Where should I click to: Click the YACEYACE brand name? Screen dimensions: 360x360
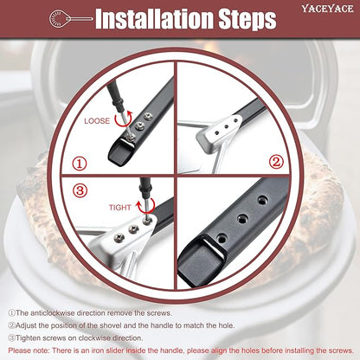[x=327, y=9]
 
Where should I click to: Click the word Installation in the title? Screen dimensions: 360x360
[x=154, y=19]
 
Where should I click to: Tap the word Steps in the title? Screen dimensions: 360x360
[x=247, y=19]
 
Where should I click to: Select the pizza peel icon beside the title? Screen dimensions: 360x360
[x=70, y=19]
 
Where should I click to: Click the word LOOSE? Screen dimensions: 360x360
[x=97, y=121]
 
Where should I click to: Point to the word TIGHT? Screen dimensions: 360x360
[x=120, y=208]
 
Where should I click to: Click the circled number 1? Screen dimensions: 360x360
[x=80, y=164]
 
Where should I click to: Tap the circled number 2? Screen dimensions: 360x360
[x=276, y=162]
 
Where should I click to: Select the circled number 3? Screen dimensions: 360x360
[x=80, y=190]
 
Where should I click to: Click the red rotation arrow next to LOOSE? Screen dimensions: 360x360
[x=124, y=119]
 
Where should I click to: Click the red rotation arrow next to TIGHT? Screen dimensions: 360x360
[x=146, y=204]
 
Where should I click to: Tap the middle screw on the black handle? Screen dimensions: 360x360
[x=140, y=125]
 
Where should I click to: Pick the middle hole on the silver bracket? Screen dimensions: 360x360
[x=226, y=125]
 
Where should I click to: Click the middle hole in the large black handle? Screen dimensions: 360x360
[x=243, y=219]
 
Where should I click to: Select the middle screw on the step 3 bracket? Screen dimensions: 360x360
[x=133, y=229]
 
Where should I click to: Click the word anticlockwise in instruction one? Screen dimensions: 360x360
[x=51, y=313]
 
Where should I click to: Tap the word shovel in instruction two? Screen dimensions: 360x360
[x=111, y=325]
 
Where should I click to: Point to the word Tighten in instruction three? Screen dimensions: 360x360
[x=29, y=338]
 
